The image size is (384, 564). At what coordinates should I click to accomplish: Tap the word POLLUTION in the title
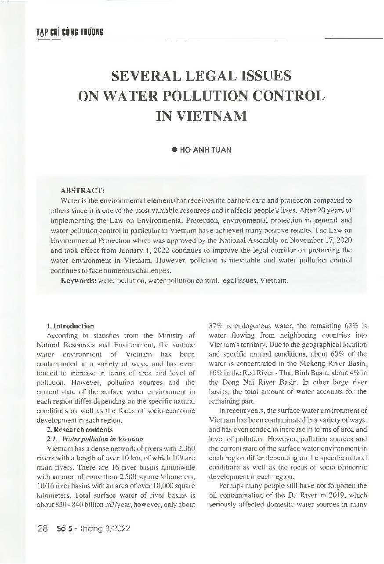(212, 96)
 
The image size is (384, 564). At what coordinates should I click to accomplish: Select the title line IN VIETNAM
(202, 116)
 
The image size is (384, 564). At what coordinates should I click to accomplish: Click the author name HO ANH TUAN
(206, 150)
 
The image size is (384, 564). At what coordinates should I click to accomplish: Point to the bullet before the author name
(174, 150)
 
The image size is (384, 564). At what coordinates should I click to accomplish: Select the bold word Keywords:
(79, 280)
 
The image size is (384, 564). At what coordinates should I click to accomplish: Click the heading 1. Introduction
(70, 326)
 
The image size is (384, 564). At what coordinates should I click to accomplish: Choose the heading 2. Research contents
(80, 429)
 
